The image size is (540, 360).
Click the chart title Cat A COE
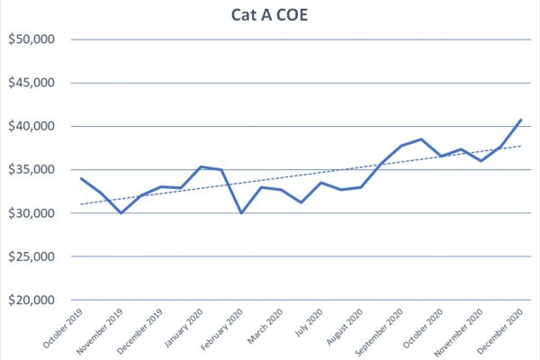pyautogui.click(x=269, y=15)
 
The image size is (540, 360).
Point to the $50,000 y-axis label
pyautogui.click(x=31, y=40)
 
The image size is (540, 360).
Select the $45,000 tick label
pyautogui.click(x=31, y=83)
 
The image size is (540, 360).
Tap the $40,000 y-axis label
pyautogui.click(x=31, y=126)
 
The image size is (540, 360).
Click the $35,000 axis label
pyautogui.click(x=31, y=169)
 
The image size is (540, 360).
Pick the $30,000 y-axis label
pyautogui.click(x=31, y=213)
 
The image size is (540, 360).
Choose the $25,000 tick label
pyautogui.click(x=31, y=256)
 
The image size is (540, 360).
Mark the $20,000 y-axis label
pyautogui.click(x=31, y=300)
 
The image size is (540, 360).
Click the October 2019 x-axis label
pyautogui.click(x=63, y=328)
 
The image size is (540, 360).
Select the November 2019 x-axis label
pyautogui.click(x=100, y=331)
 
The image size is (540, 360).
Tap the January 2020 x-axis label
pyautogui.click(x=184, y=328)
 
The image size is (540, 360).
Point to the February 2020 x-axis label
pyautogui.click(x=221, y=329)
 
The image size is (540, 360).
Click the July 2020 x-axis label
pyautogui.click(x=309, y=322)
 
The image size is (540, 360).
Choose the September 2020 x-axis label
pyautogui.click(x=379, y=332)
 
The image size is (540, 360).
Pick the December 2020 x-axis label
pyautogui.click(x=500, y=331)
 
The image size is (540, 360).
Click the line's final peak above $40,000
pyautogui.click(x=521, y=120)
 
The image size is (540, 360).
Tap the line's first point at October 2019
pyautogui.click(x=81, y=178)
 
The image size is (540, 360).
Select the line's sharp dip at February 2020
pyautogui.click(x=241, y=213)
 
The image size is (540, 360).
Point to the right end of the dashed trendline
pyautogui.click(x=521, y=146)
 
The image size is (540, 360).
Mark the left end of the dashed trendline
pyautogui.click(x=81, y=204)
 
